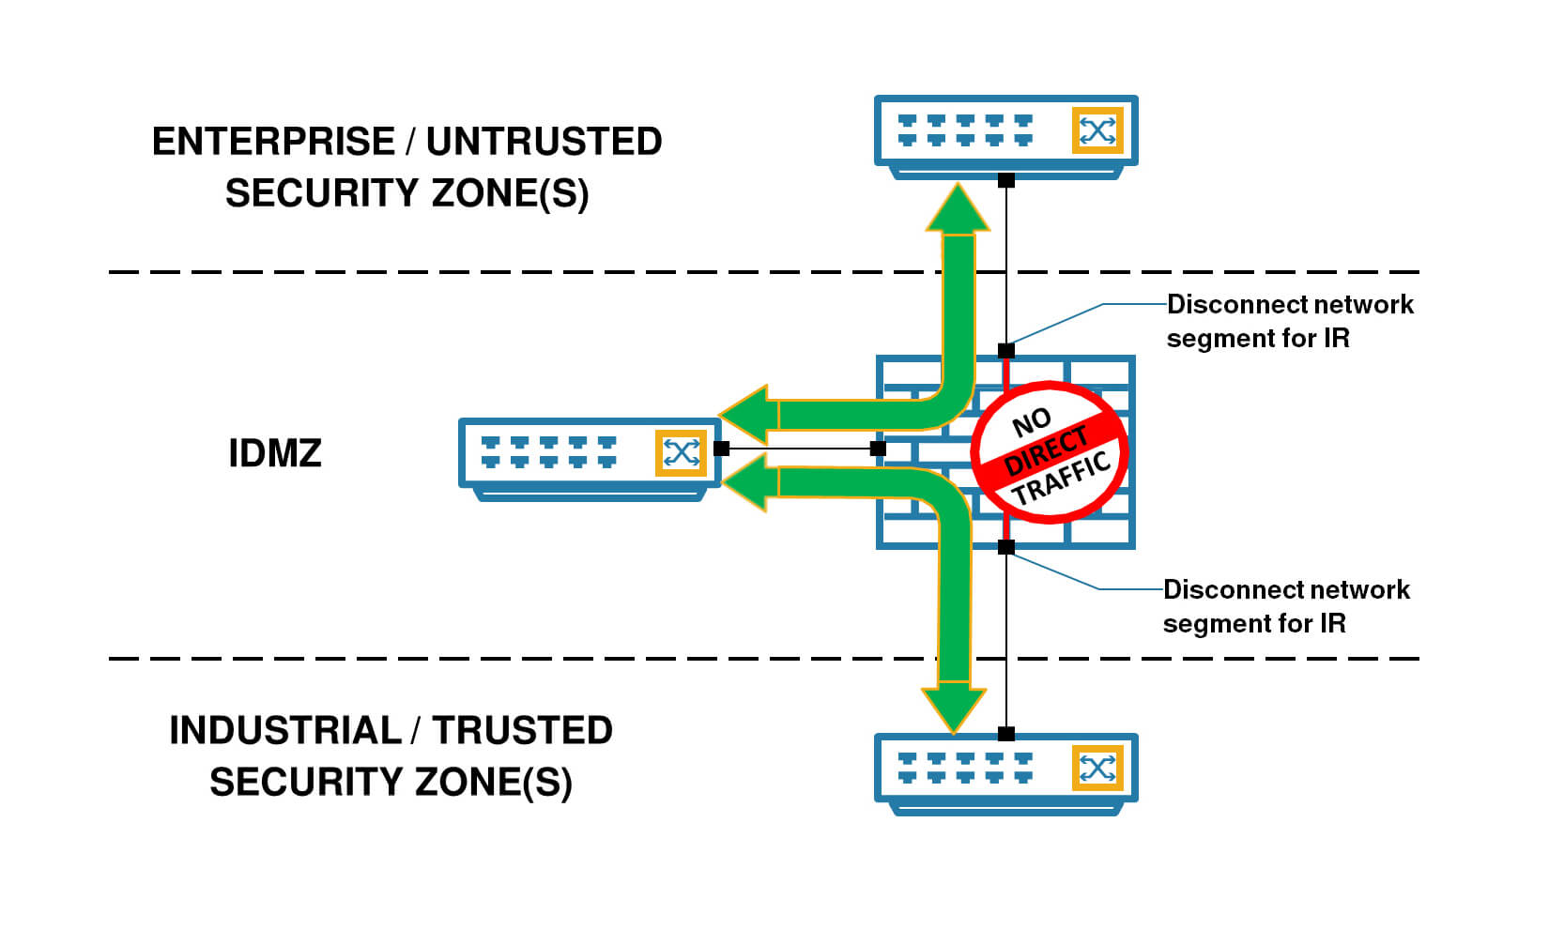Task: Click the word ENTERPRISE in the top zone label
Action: pyautogui.click(x=273, y=142)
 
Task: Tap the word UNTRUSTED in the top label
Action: pyautogui.click(x=544, y=142)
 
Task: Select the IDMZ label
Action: pyautogui.click(x=275, y=453)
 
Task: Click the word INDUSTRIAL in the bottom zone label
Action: pyautogui.click(x=284, y=730)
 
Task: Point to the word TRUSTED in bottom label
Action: pyautogui.click(x=522, y=730)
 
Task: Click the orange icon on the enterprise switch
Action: pyautogui.click(x=1097, y=130)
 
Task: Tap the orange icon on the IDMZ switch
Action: pyautogui.click(x=681, y=453)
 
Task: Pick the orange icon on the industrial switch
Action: pyautogui.click(x=1097, y=769)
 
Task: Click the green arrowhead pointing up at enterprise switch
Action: pyautogui.click(x=958, y=209)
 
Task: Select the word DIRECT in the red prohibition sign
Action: pyautogui.click(x=1046, y=451)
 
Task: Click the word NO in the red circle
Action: pyautogui.click(x=1031, y=423)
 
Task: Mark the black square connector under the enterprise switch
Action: pyautogui.click(x=1006, y=179)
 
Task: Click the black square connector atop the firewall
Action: pyautogui.click(x=1006, y=351)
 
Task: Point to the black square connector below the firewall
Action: pyautogui.click(x=1006, y=547)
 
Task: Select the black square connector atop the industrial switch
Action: pyautogui.click(x=1006, y=734)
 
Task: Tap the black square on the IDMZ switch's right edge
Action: pyautogui.click(x=721, y=449)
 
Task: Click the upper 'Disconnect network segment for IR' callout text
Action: pyautogui.click(x=1289, y=321)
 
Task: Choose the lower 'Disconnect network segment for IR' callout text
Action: pyautogui.click(x=1285, y=606)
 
